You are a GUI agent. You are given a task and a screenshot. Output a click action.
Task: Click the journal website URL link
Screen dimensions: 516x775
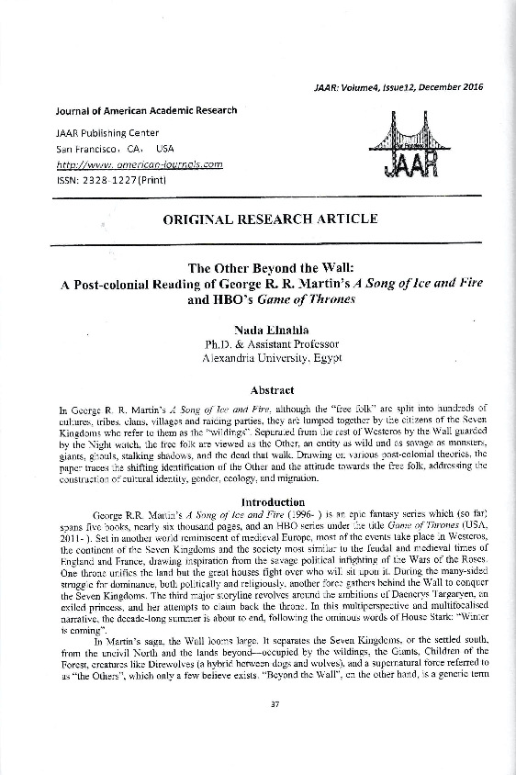[x=139, y=164]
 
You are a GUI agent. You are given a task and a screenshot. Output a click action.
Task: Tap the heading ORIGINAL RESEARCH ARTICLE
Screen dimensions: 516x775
[x=269, y=219]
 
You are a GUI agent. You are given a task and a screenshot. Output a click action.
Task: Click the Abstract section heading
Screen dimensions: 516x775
[x=271, y=389]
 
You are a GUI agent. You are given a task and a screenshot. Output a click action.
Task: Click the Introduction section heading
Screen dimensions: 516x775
[x=272, y=501]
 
